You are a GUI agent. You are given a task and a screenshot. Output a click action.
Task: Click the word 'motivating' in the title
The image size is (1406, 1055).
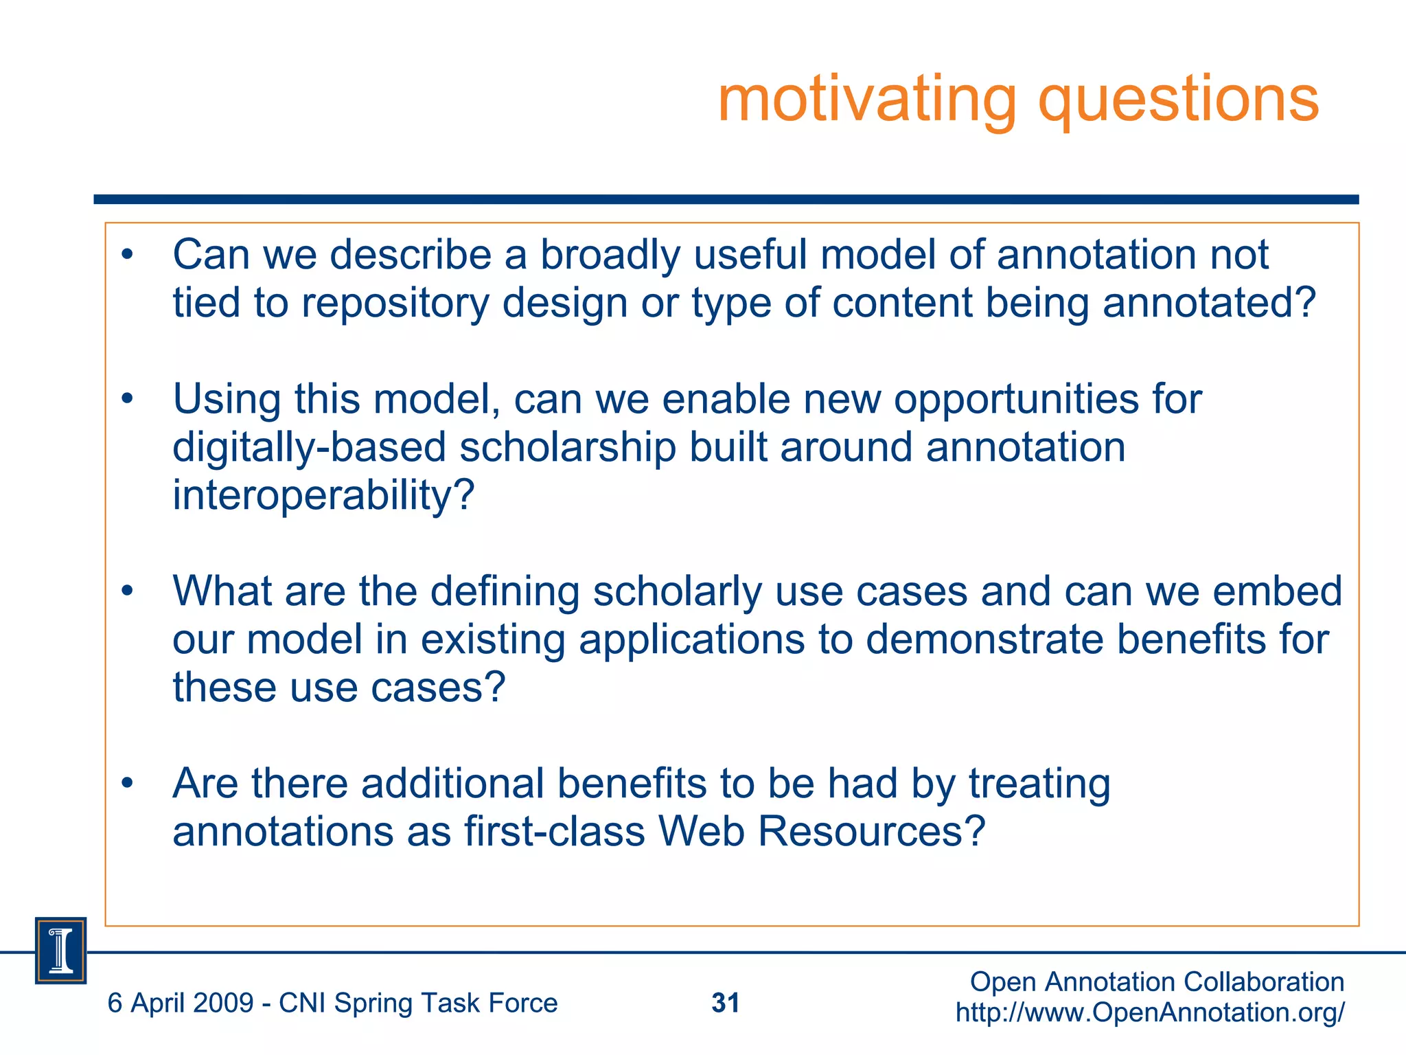pos(866,100)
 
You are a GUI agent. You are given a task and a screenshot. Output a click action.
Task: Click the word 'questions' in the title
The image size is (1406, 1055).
pos(1178,100)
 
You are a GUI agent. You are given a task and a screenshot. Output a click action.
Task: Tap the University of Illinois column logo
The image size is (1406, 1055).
pos(61,950)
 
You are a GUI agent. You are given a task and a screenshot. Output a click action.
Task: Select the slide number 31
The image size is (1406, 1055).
pos(725,1003)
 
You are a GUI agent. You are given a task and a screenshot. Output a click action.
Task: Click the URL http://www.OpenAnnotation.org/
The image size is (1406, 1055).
pos(1150,1012)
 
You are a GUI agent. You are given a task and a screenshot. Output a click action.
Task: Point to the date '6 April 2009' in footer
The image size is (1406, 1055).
pos(181,1003)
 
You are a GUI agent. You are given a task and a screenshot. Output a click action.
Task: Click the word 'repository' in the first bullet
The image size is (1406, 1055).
pos(394,303)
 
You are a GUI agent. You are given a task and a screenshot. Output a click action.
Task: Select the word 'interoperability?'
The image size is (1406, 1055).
pos(323,495)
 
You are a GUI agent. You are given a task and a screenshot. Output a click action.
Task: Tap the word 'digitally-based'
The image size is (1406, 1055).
pos(309,447)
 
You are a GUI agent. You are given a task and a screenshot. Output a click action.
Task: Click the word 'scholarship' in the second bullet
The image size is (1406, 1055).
pos(567,447)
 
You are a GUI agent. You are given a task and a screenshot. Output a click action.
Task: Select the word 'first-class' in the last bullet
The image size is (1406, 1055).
pos(555,831)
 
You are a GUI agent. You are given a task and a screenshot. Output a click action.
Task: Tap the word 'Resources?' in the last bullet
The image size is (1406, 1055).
pos(872,831)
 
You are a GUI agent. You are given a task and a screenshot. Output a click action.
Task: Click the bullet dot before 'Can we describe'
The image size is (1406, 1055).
pos(127,255)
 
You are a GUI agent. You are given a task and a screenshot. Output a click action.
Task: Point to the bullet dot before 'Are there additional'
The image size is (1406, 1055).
pos(127,783)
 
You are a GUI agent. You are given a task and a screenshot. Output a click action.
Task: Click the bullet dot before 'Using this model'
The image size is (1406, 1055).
pos(127,399)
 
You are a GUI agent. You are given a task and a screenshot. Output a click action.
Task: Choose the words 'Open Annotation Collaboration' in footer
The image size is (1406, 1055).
pos(1157,982)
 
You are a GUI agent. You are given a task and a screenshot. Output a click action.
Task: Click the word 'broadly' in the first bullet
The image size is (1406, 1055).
pos(610,255)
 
